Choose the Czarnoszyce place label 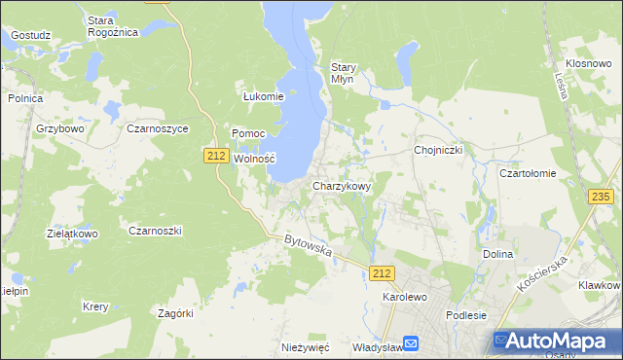[x=158, y=127]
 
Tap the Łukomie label [x=263, y=96]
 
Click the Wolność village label [x=256, y=159]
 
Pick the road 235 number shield [x=601, y=197]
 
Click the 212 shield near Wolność [x=217, y=155]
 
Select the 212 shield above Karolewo [x=383, y=274]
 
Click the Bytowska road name [x=309, y=246]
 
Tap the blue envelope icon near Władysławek [x=411, y=343]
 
